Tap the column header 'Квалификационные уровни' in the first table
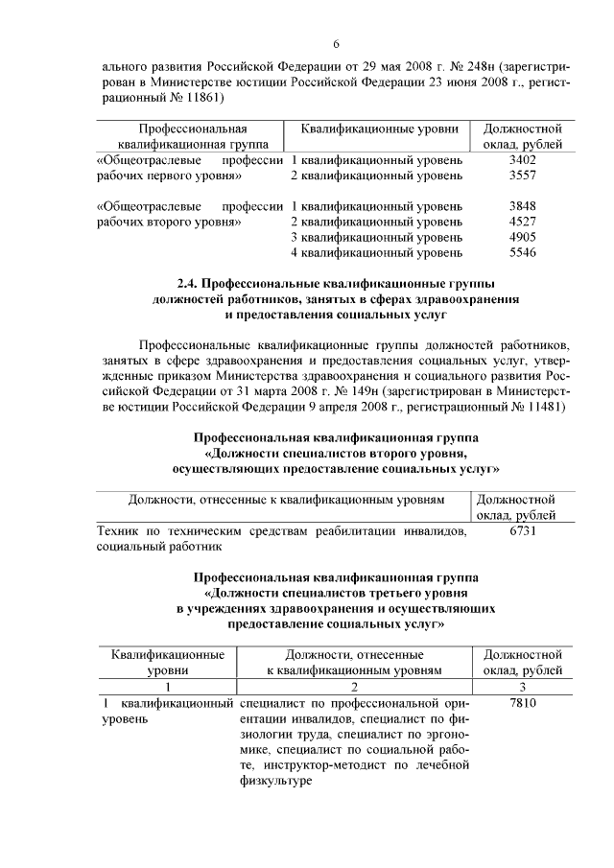tap(379, 129)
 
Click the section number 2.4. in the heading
tap(192, 284)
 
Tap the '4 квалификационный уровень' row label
tap(376, 252)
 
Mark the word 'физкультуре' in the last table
tap(274, 782)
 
